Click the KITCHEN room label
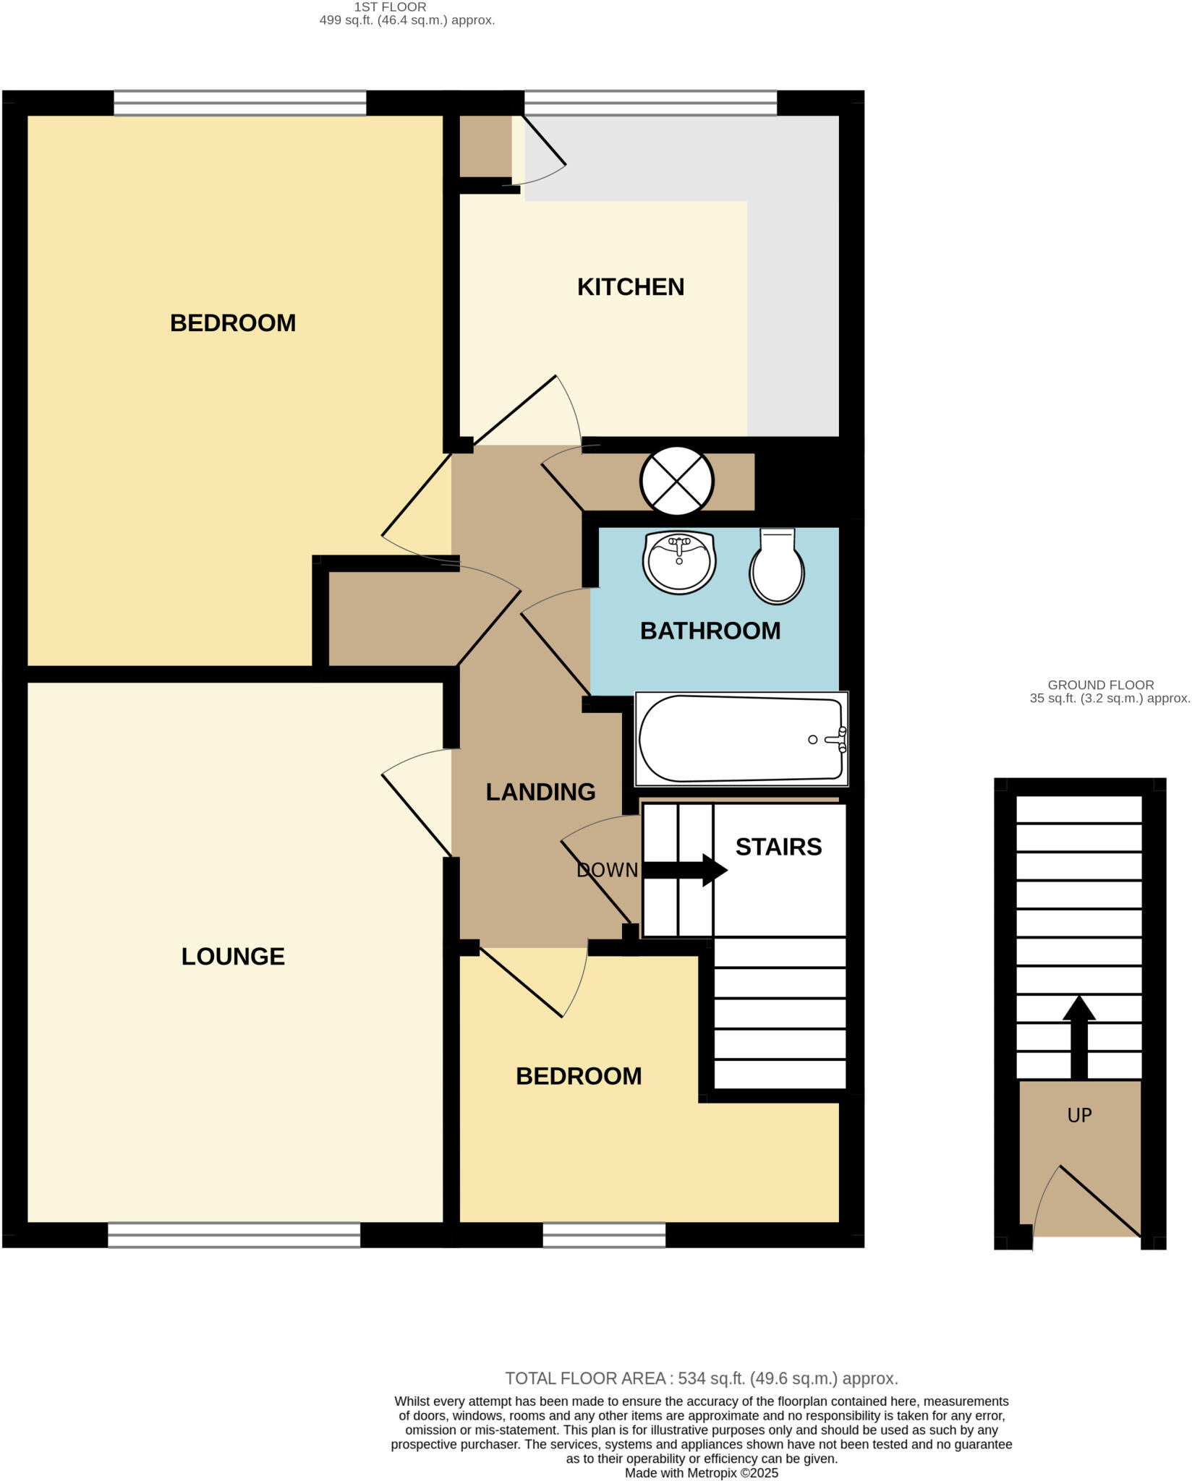coord(630,287)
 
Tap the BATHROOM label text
coord(710,631)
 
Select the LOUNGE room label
coord(232,956)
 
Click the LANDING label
coord(540,792)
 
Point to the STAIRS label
coord(778,847)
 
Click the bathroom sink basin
coord(678,562)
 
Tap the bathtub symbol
coord(741,739)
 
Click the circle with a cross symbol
coord(677,481)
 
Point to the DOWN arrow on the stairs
coord(684,869)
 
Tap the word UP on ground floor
coord(1079,1115)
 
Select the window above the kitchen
coord(650,103)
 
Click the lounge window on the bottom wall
coord(234,1234)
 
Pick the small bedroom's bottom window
coord(604,1234)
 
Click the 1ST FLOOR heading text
coord(390,7)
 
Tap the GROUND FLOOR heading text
coord(1100,684)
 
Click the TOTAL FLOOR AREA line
coord(701,1378)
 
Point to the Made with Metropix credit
coord(701,1473)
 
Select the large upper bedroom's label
coord(232,323)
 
